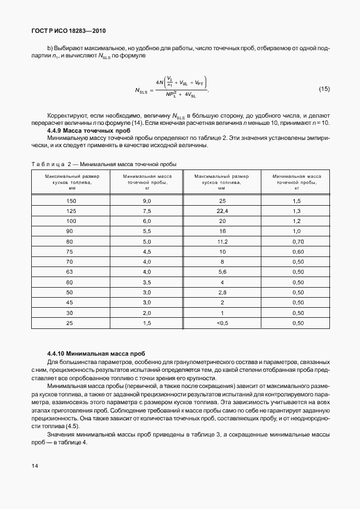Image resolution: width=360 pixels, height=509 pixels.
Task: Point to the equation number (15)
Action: tap(324, 89)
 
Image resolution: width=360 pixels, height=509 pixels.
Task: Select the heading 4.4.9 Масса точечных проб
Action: tap(89, 130)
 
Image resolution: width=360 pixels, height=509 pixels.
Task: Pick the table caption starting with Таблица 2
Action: tap(103, 164)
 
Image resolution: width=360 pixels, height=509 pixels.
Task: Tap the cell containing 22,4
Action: tap(222, 211)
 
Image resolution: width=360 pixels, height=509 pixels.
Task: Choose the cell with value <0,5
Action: tap(222, 323)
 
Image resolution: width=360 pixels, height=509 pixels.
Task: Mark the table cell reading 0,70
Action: tap(298, 241)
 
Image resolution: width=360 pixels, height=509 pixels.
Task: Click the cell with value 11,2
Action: tap(222, 241)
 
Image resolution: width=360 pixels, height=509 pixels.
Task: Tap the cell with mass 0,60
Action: tap(298, 251)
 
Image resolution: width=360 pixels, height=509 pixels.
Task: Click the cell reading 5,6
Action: tap(222, 272)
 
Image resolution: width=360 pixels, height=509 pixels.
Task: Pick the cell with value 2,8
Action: tap(222, 292)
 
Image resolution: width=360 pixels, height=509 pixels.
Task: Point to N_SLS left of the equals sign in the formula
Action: tap(143, 90)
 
